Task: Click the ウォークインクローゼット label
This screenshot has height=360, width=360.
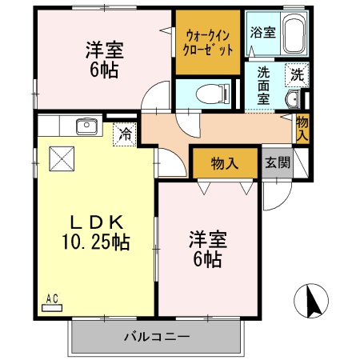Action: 208,42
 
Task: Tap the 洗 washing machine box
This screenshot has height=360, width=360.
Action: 297,75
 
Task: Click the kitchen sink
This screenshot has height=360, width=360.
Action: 86,126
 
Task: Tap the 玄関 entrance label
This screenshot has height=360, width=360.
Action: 277,163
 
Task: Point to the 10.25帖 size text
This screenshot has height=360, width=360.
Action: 94,240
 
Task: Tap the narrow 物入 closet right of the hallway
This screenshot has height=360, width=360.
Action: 302,129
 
